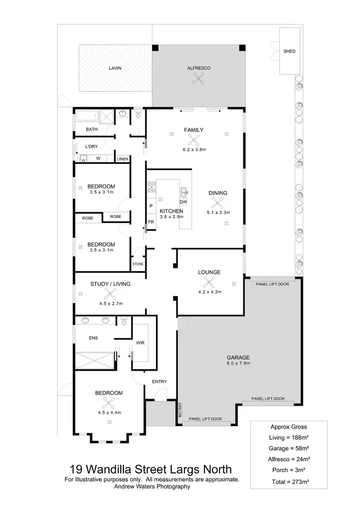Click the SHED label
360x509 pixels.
click(289, 51)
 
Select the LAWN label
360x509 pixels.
click(115, 68)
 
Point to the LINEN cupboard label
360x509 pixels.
click(122, 159)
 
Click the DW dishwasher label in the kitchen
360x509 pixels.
click(183, 202)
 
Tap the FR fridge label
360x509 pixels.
click(151, 222)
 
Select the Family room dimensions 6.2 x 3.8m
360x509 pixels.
click(194, 149)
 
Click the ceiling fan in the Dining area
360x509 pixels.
click(218, 202)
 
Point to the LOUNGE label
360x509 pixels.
click(209, 272)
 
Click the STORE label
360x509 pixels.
click(138, 264)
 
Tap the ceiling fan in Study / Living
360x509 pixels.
click(111, 294)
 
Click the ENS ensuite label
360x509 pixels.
click(93, 338)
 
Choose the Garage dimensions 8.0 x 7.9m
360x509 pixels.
click(239, 364)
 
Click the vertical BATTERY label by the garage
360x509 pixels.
click(180, 410)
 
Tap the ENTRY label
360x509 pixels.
click(159, 382)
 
